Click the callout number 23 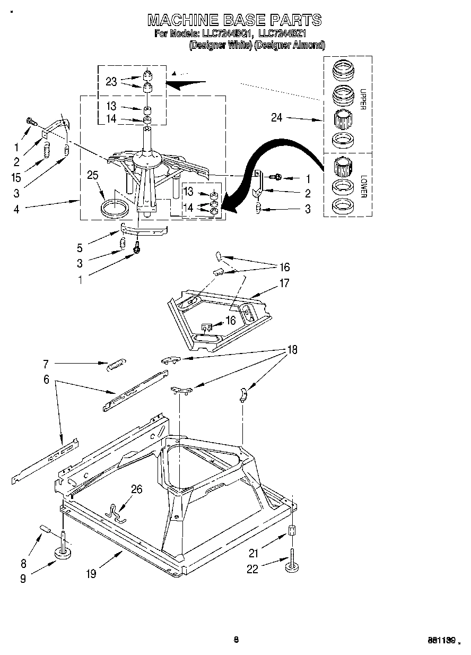click(x=110, y=81)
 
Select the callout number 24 click(x=277, y=118)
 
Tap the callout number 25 click(x=93, y=175)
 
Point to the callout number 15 click(x=16, y=164)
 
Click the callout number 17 click(x=284, y=283)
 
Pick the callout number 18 click(x=292, y=350)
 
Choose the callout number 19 click(x=92, y=574)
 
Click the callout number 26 click(x=136, y=489)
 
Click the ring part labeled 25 click(x=114, y=208)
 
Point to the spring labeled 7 click(x=115, y=366)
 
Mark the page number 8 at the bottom click(x=236, y=640)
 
